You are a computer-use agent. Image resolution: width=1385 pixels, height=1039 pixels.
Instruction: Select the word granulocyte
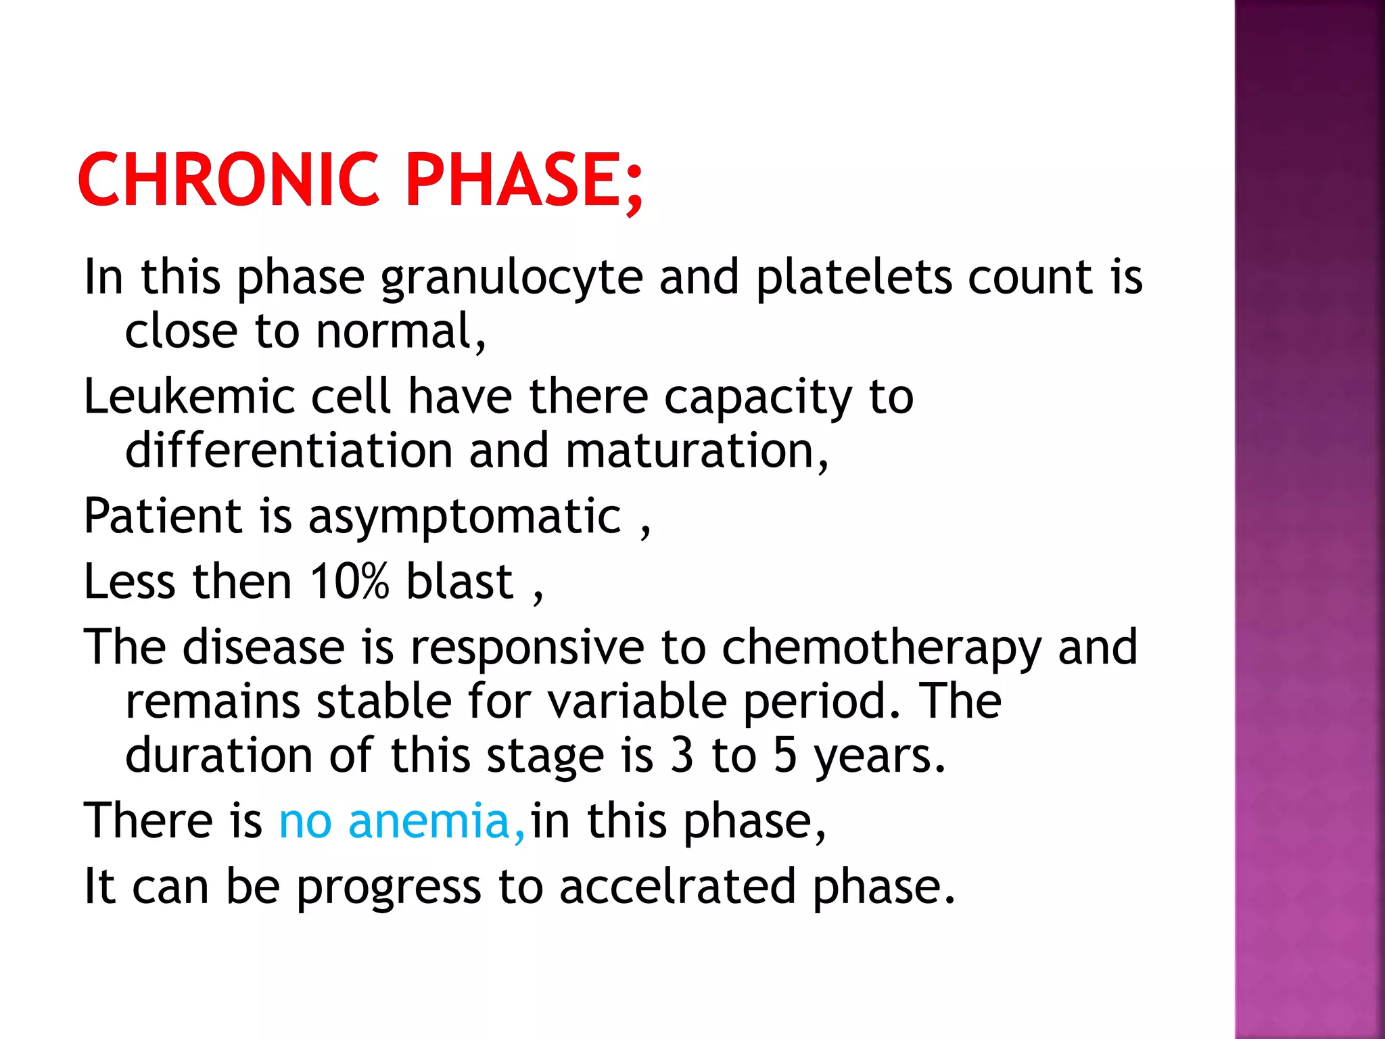[x=511, y=278]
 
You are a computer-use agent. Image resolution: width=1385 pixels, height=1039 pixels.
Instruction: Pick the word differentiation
[x=289, y=451]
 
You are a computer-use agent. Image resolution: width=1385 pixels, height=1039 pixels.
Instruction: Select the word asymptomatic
[x=464, y=517]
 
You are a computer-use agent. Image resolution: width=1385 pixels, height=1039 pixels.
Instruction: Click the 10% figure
[x=349, y=582]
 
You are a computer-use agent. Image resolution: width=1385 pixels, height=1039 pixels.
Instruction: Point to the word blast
[x=460, y=582]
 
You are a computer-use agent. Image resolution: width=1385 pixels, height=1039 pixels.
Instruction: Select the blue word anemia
[x=429, y=821]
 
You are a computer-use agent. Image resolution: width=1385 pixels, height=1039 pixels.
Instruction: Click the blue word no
[x=305, y=821]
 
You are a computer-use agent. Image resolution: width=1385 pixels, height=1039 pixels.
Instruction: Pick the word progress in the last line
[x=388, y=887]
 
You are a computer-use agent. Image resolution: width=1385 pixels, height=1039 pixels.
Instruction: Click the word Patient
[x=162, y=516]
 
